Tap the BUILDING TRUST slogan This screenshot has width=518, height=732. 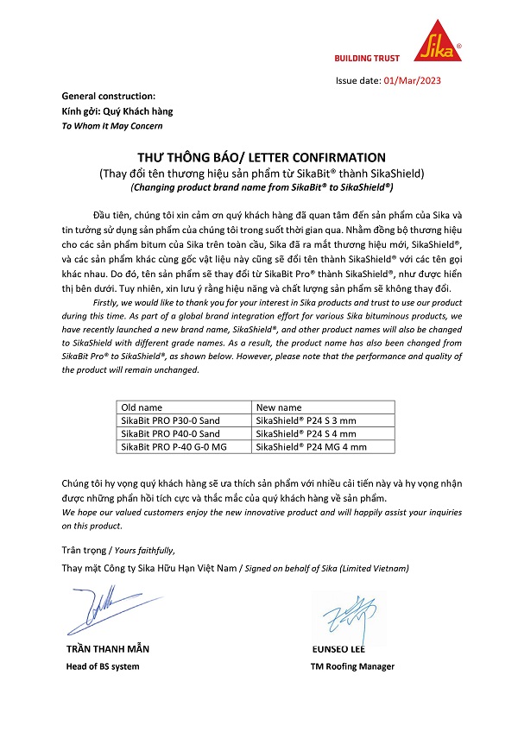367,58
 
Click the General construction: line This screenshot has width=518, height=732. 109,96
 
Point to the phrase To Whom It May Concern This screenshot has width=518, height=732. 112,125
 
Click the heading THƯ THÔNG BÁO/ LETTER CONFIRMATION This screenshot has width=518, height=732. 262,157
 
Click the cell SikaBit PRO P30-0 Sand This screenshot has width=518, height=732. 170,420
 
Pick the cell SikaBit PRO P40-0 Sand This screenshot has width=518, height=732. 170,433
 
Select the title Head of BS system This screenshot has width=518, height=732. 103,666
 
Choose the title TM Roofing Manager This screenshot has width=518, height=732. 352,666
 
